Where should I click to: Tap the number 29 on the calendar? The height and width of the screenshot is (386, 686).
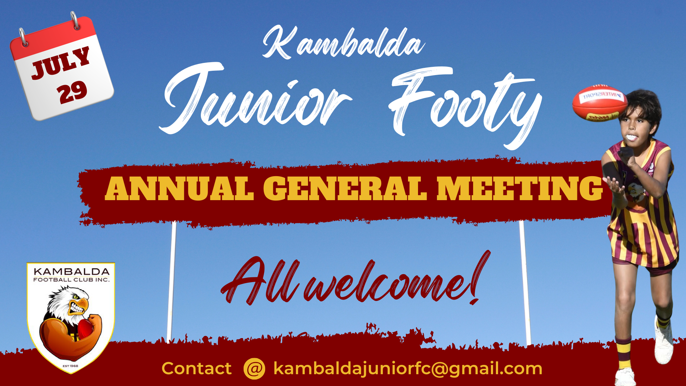coord(72,92)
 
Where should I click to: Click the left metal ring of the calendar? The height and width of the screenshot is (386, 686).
coord(23,37)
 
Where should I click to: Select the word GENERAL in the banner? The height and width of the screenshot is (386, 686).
coord(345,188)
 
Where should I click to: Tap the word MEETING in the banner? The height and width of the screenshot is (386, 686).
coord(520,188)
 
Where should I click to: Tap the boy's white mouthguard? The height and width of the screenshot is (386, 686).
coord(632,137)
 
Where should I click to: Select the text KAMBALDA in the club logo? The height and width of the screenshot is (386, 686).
coord(71,272)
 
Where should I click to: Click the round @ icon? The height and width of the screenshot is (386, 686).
coord(254,368)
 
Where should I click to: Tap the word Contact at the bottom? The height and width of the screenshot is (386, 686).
coord(197,368)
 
